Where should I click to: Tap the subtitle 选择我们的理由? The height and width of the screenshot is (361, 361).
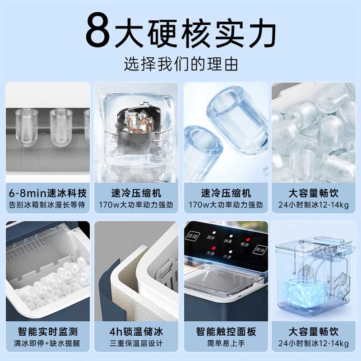click(180, 64)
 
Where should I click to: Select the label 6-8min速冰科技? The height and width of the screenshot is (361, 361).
click(47, 193)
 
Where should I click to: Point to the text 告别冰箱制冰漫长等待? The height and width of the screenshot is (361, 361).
click(47, 204)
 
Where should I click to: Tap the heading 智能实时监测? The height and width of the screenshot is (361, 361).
click(47, 332)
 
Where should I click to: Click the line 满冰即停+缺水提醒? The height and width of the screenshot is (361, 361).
click(47, 343)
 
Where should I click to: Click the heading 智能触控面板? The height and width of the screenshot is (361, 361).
click(226, 332)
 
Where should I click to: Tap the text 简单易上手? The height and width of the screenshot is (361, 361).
click(226, 343)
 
